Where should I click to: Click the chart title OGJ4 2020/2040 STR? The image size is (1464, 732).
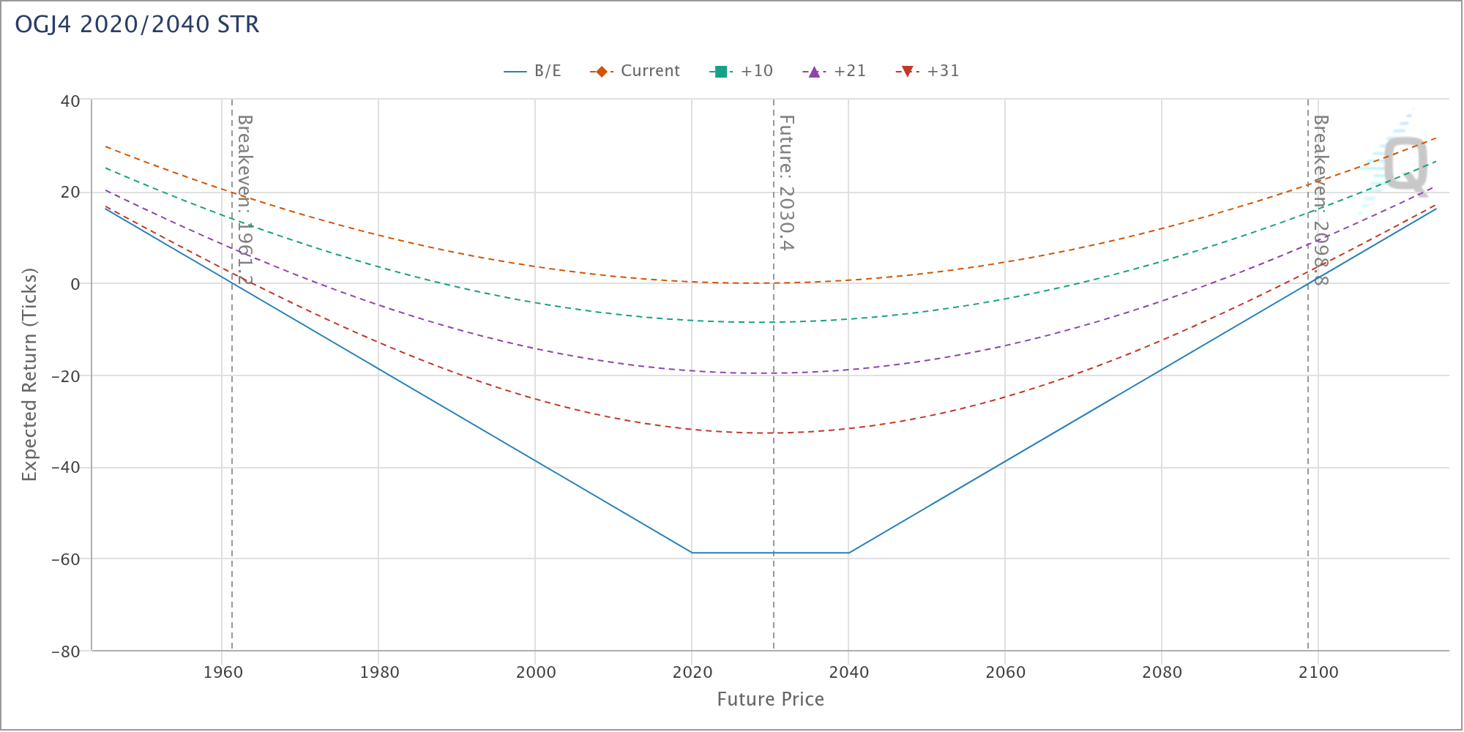point(137,25)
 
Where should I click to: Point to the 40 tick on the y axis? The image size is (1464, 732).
point(70,101)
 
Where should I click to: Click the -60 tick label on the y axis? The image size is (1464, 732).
point(65,560)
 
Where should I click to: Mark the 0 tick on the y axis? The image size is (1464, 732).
point(75,285)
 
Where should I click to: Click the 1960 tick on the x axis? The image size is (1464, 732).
point(223,673)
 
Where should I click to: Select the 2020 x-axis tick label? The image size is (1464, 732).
point(692,673)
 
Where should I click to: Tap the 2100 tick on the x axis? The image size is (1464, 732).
point(1318,673)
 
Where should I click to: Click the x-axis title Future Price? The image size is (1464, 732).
point(770,700)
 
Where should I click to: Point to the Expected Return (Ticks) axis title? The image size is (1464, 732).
point(29,374)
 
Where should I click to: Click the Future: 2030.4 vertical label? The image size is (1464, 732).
point(785,183)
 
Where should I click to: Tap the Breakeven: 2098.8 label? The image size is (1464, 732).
point(1320,199)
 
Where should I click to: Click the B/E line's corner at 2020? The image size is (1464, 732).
point(692,553)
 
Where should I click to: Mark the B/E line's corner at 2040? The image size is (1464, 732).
point(848,553)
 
